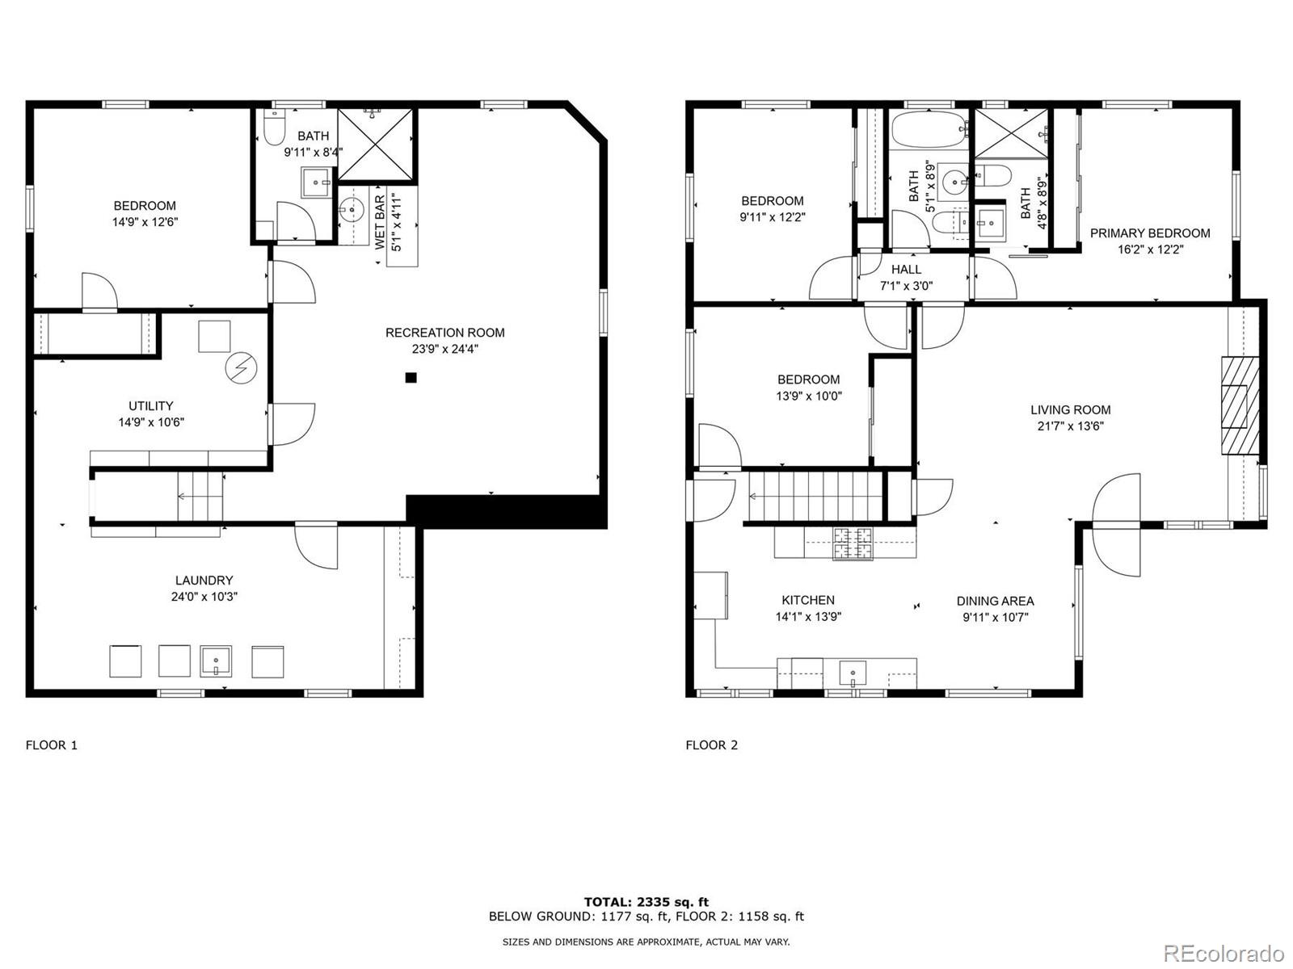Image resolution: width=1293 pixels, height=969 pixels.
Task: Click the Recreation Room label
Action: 444,333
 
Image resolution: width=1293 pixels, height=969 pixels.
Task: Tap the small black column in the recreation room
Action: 411,377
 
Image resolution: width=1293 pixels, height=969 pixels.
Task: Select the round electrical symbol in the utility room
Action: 241,368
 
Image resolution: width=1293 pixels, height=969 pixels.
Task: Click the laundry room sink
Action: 216,661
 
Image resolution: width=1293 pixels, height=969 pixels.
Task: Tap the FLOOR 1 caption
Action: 52,745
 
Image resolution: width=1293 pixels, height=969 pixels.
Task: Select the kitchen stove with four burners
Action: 854,543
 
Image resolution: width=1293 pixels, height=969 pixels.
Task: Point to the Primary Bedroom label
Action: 1150,233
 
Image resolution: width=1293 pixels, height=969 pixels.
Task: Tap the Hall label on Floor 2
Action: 906,269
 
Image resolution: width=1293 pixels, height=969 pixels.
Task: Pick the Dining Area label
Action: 995,601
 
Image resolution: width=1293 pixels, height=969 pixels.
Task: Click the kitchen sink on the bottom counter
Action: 853,673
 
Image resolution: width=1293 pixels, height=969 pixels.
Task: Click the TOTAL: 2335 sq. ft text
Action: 646,902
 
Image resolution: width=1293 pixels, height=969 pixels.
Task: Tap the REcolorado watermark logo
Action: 1228,953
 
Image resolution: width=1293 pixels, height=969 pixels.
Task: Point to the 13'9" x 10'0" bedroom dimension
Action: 809,396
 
